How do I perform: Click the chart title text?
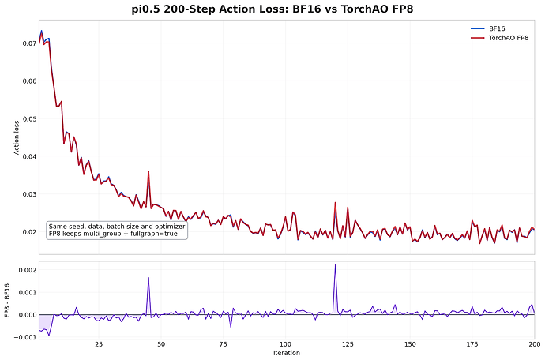[272, 9]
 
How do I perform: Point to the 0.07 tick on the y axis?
[29, 43]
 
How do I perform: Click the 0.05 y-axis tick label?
[29, 119]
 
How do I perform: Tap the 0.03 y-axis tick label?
[29, 194]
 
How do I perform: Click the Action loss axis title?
[17, 137]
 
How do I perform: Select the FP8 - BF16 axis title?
[7, 301]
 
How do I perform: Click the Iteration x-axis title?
[287, 353]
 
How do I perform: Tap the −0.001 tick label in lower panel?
[25, 337]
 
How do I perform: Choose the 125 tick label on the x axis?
[348, 344]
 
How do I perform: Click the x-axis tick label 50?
[161, 344]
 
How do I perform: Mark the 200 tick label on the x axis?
[535, 344]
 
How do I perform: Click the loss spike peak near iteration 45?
[148, 171]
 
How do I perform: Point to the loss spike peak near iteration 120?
[336, 202]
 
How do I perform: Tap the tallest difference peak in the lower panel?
[336, 264]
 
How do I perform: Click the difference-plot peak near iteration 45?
[148, 277]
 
